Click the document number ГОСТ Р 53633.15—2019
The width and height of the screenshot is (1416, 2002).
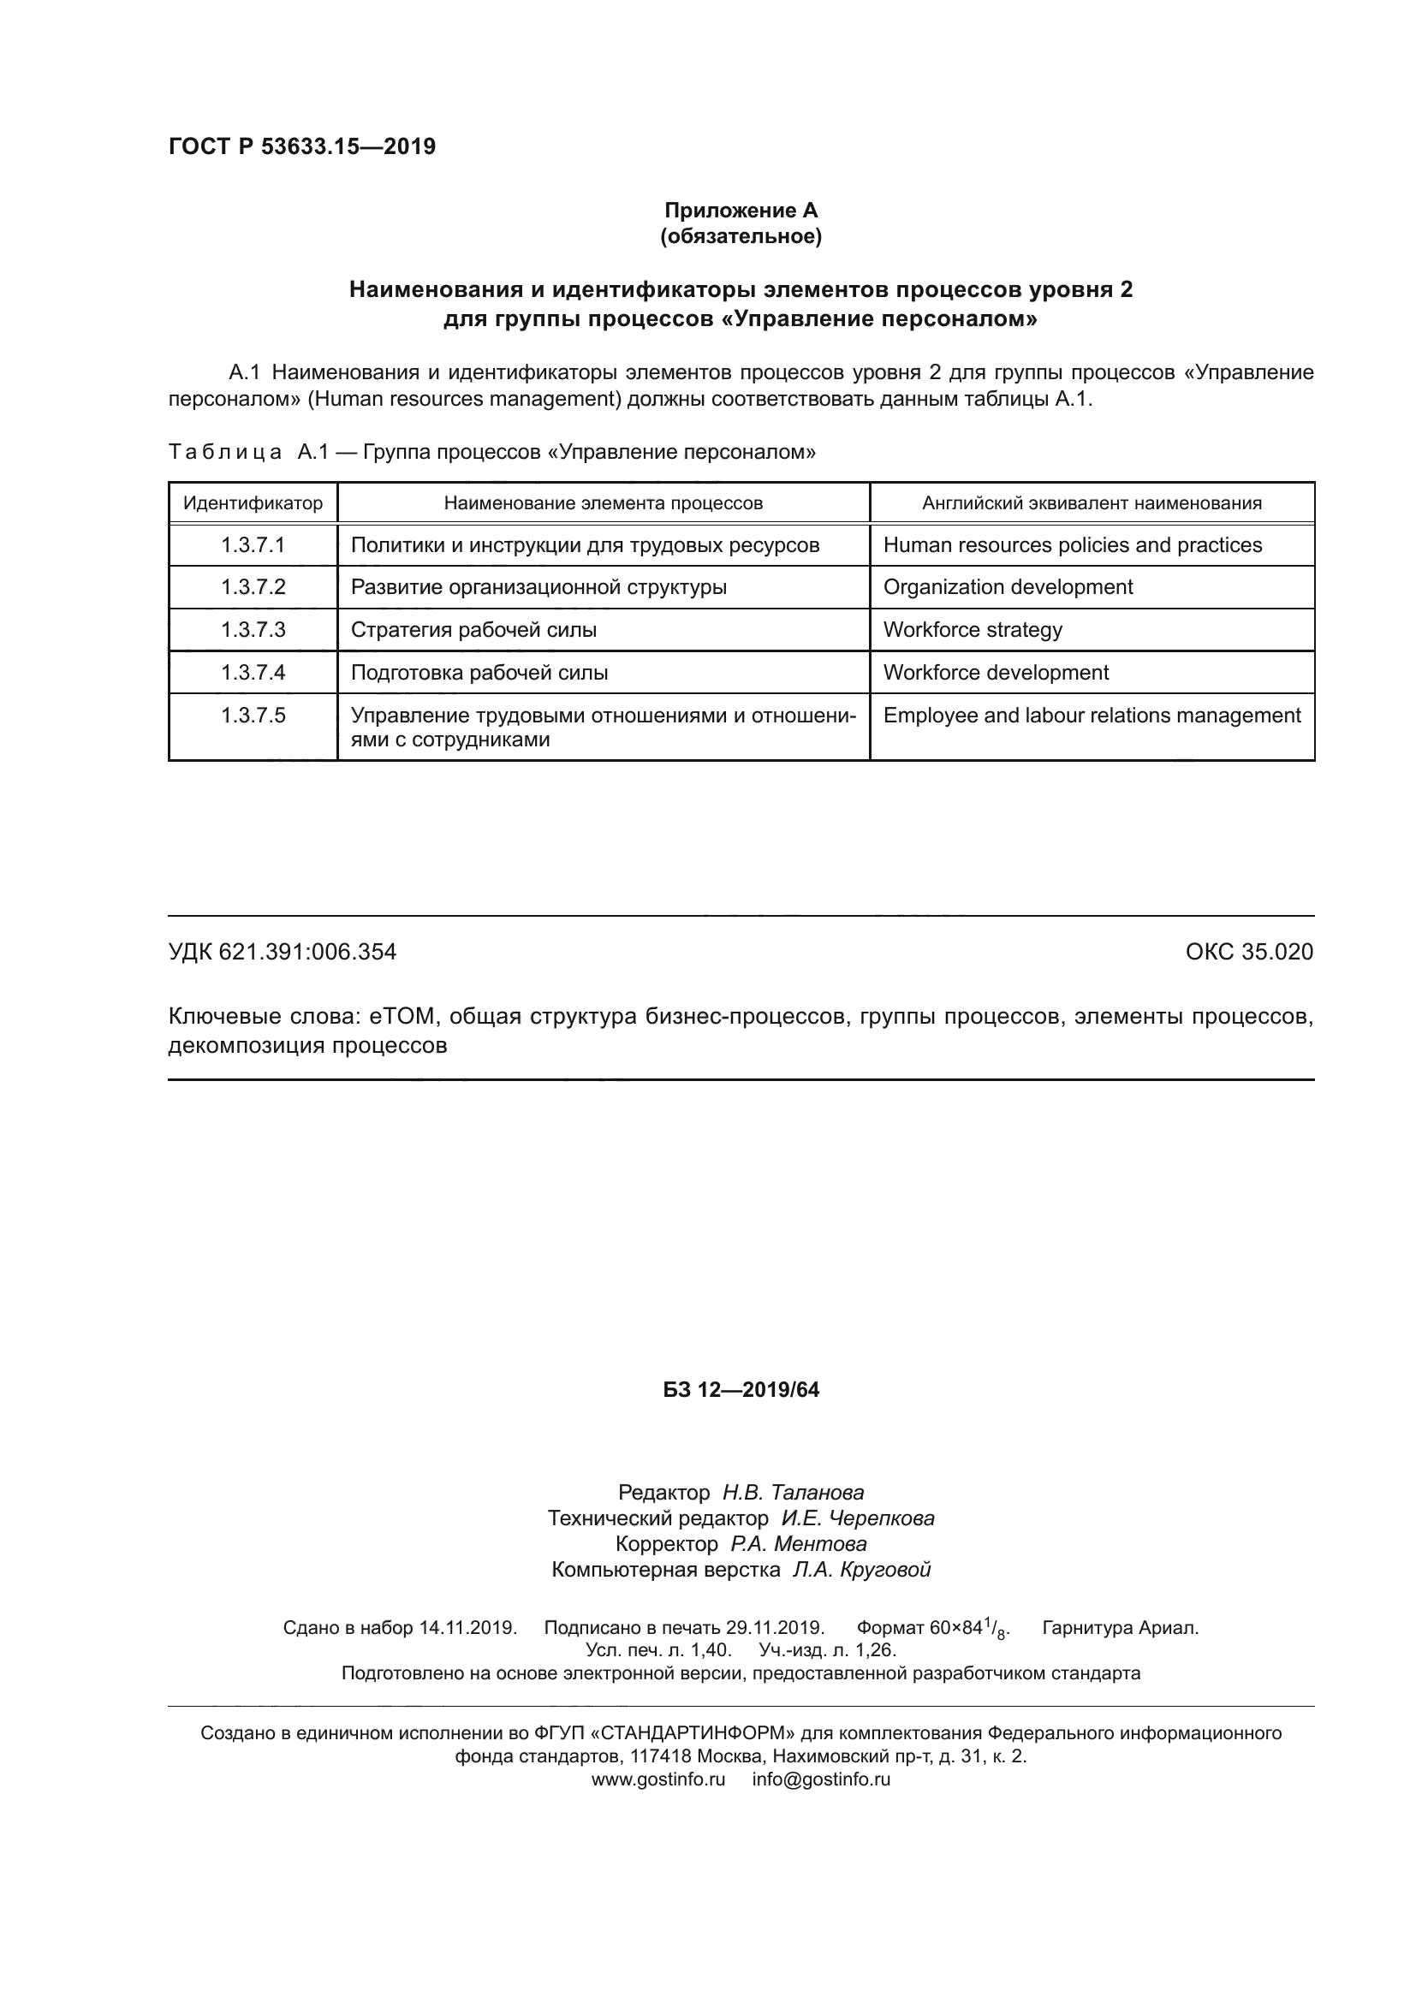[x=301, y=146]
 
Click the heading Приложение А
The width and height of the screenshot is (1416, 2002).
[x=741, y=211]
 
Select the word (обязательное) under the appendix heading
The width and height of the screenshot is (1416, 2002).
[x=741, y=236]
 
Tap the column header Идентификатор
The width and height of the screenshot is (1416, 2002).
[x=253, y=503]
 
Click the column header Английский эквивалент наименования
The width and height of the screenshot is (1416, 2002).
[x=1092, y=503]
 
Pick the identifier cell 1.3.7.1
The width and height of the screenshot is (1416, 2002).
[x=253, y=545]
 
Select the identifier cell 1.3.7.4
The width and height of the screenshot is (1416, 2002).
[x=253, y=672]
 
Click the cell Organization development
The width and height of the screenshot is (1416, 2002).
[x=1008, y=587]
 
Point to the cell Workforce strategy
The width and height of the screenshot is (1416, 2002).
[x=973, y=630]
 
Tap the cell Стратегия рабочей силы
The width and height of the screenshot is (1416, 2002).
[x=473, y=630]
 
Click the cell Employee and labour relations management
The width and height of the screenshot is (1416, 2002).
[x=1092, y=715]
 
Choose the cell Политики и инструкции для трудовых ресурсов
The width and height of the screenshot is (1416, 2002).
[x=585, y=545]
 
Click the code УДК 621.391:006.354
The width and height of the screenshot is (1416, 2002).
[x=282, y=951]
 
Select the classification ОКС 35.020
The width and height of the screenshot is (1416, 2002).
[x=1248, y=951]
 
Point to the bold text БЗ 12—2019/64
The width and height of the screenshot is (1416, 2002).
[x=741, y=1390]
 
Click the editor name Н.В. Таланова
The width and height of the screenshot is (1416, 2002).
[x=793, y=1492]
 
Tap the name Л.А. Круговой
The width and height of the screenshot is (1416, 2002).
[x=861, y=1570]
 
